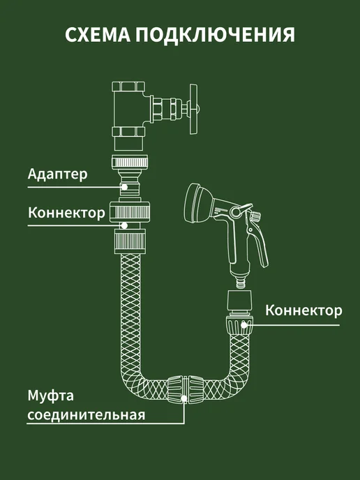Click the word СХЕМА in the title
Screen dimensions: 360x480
tap(98, 35)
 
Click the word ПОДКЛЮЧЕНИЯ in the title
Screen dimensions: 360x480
tap(215, 35)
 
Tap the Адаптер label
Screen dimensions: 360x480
tap(57, 174)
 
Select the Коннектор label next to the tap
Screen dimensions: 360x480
tap(66, 213)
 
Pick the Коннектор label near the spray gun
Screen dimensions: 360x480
tap(303, 310)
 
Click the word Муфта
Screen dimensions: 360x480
tap(50, 396)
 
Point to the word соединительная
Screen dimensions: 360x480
tap(87, 415)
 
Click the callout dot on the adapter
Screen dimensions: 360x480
tap(125, 187)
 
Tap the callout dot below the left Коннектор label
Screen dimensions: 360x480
tap(124, 225)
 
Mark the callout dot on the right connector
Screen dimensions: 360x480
tap(243, 325)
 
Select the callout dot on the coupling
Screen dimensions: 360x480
tap(184, 398)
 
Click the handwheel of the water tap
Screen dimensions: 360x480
tap(194, 110)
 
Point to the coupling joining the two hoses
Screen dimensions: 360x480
tap(186, 389)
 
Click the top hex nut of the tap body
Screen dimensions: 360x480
tap(128, 86)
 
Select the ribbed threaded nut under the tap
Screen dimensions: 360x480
tap(130, 162)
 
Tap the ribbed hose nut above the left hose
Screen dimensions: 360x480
tap(130, 243)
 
